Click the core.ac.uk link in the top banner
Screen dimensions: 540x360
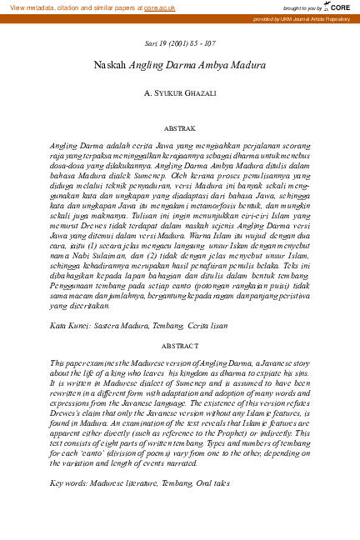[x=158, y=7]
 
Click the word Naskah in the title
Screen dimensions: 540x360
[x=110, y=65]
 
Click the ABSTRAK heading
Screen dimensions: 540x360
[x=180, y=130]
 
